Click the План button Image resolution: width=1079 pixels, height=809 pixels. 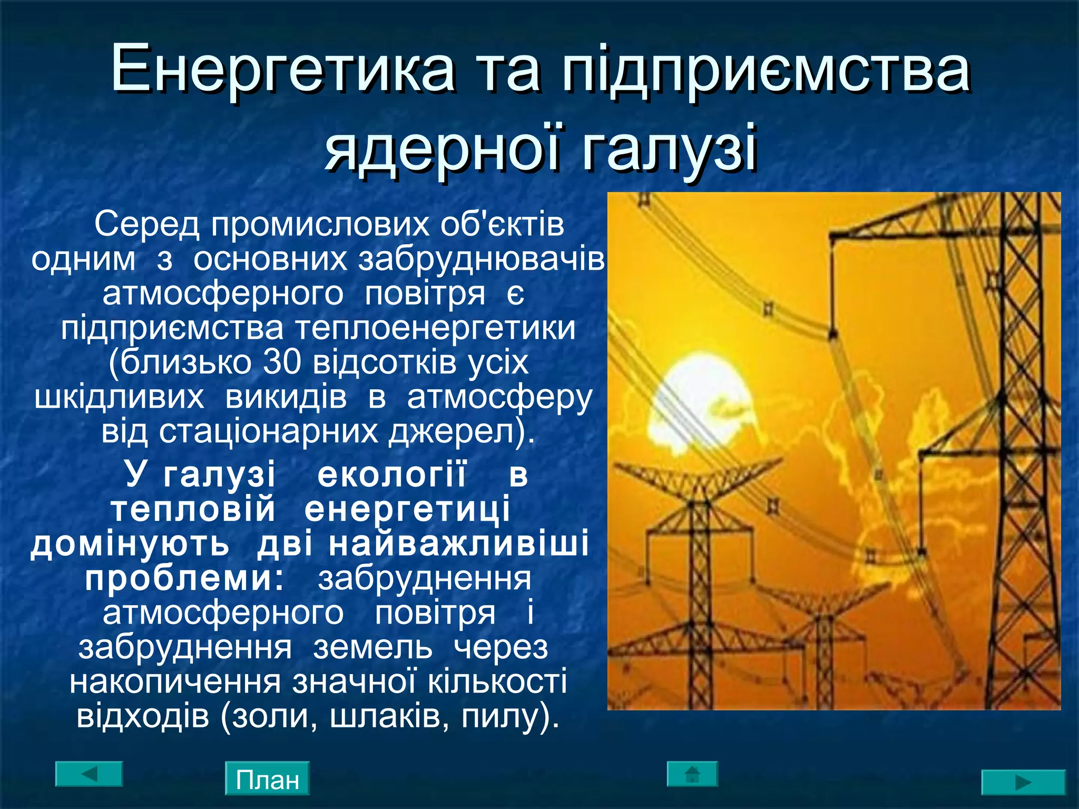pyautogui.click(x=267, y=779)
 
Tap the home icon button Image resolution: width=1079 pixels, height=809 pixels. pyautogui.click(x=692, y=774)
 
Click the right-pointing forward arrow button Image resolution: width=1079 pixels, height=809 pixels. pyautogui.click(x=1023, y=782)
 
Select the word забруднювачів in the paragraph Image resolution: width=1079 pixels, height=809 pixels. pyautogui.click(x=482, y=260)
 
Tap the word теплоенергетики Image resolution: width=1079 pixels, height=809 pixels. pyautogui.click(x=435, y=329)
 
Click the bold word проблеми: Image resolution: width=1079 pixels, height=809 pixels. pyautogui.click(x=184, y=579)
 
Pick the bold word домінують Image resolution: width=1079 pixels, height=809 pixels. pyautogui.click(x=130, y=545)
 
